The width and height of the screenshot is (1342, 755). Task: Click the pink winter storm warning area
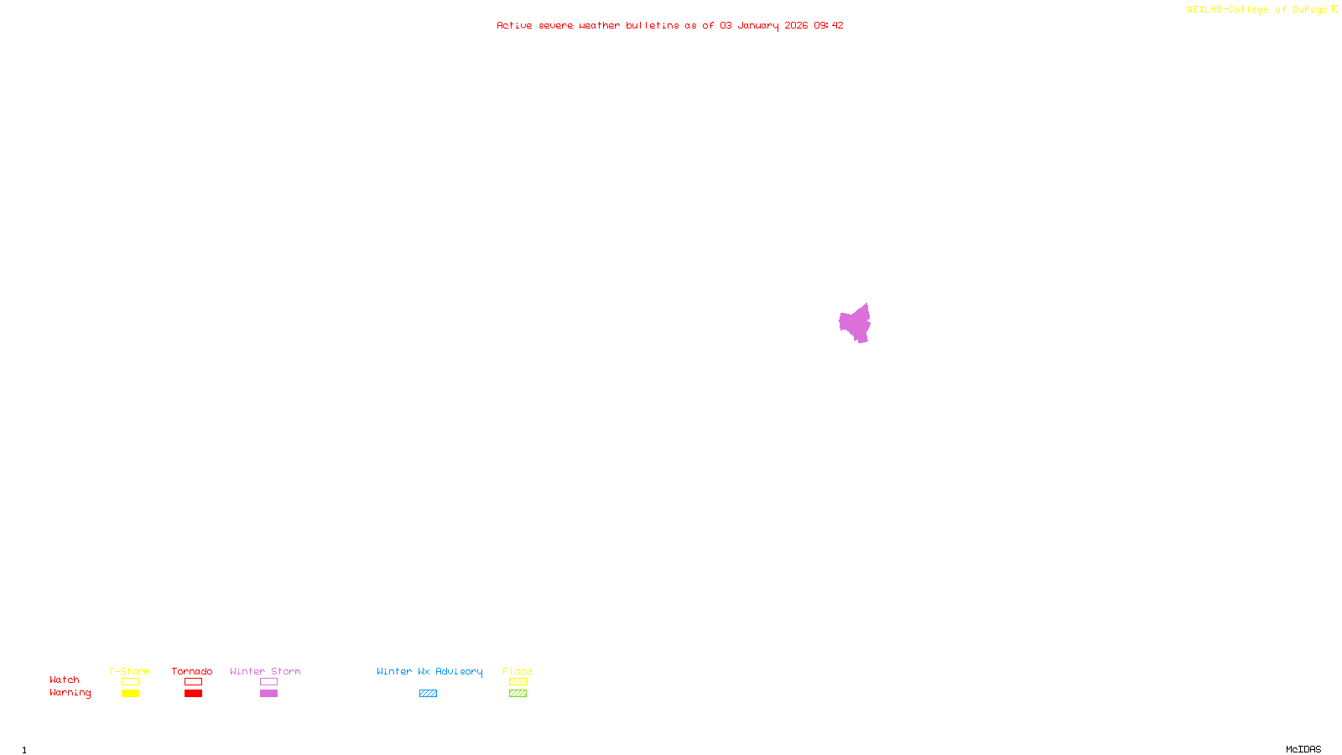[x=855, y=324]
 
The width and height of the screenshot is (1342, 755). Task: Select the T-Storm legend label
[x=129, y=671]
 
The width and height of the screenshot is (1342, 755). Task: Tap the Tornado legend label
[x=192, y=671]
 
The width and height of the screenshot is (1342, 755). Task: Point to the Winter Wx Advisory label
[x=429, y=671]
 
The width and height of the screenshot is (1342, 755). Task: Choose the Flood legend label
[x=518, y=671]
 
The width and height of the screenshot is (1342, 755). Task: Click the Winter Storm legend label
[x=265, y=671]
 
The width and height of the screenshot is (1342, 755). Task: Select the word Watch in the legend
[x=65, y=679]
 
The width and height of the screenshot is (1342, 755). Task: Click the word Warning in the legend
[x=70, y=693]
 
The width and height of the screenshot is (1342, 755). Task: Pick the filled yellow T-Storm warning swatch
[x=130, y=694]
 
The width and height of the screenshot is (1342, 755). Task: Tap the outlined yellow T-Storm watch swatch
[x=130, y=682]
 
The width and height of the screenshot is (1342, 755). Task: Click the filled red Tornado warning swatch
[x=193, y=694]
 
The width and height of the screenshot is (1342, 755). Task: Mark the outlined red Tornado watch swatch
[x=193, y=682]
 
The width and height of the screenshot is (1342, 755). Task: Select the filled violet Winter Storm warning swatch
[x=268, y=694]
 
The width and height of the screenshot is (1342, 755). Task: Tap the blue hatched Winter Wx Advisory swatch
[x=428, y=694]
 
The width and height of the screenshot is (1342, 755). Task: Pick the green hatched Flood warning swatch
[x=518, y=694]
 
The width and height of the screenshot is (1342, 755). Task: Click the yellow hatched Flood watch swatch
[x=518, y=682]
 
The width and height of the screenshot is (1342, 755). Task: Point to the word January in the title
[x=758, y=25]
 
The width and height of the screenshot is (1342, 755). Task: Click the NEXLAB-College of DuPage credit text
[x=1257, y=9]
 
